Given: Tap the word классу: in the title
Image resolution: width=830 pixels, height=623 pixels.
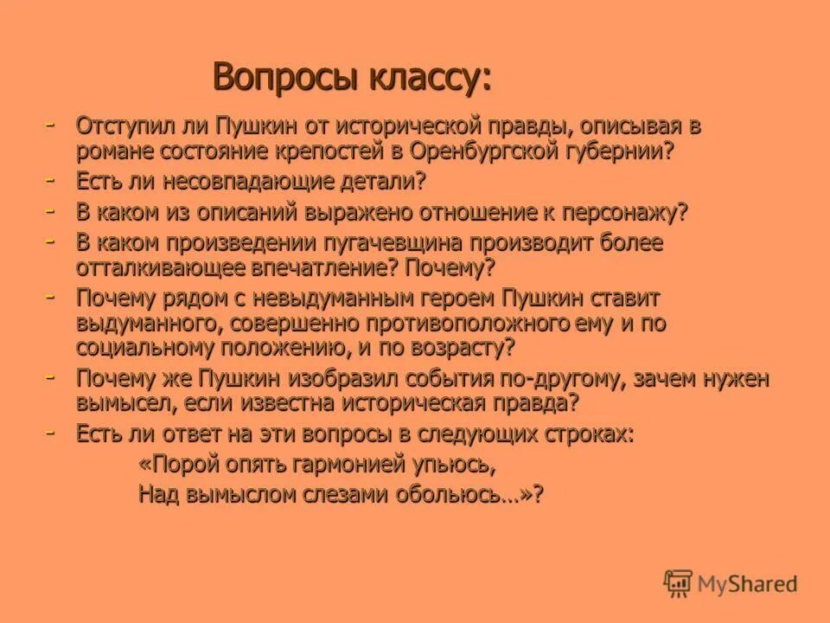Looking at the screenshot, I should pos(418,77).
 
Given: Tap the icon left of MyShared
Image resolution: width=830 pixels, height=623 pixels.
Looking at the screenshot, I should pos(679,583).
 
